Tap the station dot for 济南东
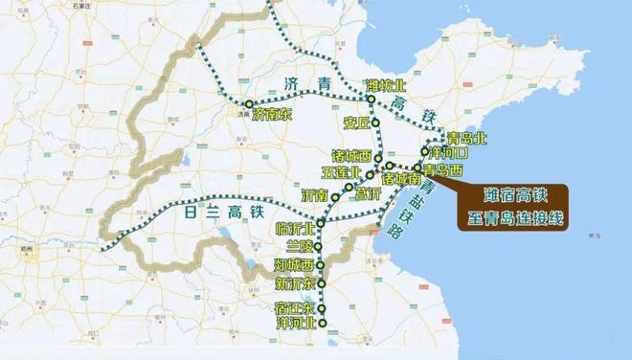pos(249,102)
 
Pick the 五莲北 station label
pos(342,173)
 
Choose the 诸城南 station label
pos(400,178)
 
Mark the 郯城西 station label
pos(294,265)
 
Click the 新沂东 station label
pos(294,284)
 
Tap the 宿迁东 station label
pos(294,307)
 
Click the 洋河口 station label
pos(449,153)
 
